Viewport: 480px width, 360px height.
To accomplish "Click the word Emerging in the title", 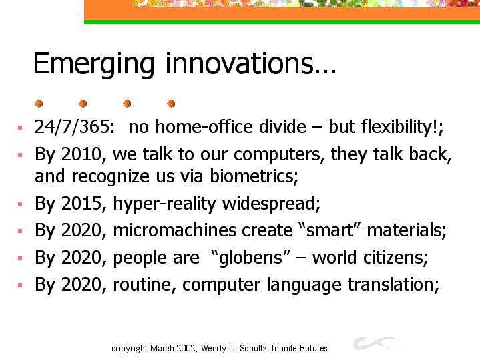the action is click(93, 64).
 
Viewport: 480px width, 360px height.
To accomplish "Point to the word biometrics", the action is click(254, 176).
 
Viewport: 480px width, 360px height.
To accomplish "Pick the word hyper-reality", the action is click(165, 204).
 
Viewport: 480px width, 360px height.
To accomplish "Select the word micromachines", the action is click(175, 230).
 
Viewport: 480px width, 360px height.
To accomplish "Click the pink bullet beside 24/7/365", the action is click(20, 128).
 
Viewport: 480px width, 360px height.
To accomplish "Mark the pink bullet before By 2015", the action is click(20, 204).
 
